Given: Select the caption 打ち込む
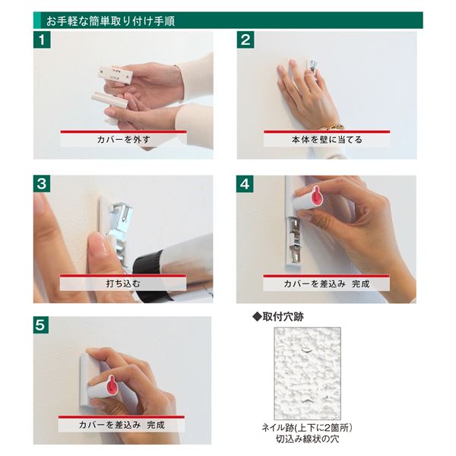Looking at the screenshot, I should point(123,283).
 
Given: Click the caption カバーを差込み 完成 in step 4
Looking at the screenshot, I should point(327,283).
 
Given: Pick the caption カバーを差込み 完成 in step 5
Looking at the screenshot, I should point(123,425).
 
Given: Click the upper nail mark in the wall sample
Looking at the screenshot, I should point(305,351).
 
